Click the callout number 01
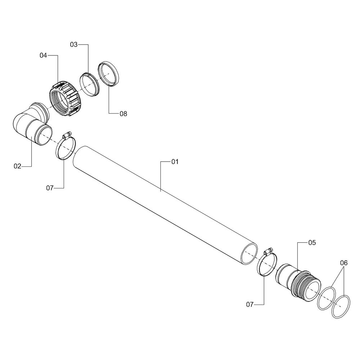click(x=175, y=162)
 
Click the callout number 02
click(x=17, y=166)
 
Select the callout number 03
click(x=74, y=45)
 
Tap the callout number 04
click(x=43, y=55)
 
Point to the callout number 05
click(x=312, y=242)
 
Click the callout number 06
click(x=344, y=263)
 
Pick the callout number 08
click(x=123, y=114)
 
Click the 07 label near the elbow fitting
click(x=50, y=188)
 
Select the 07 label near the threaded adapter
click(x=250, y=305)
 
